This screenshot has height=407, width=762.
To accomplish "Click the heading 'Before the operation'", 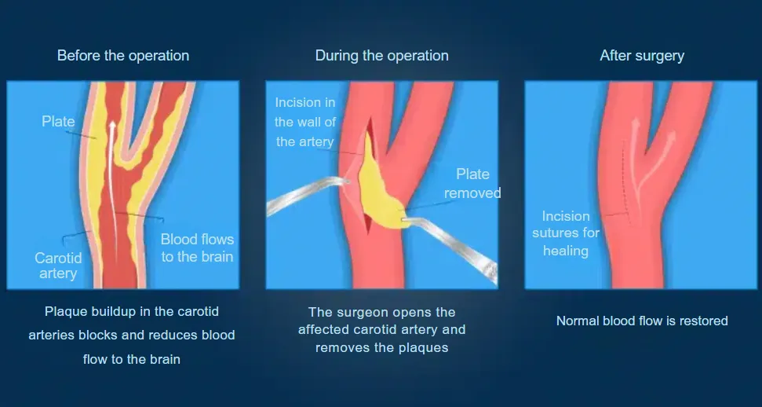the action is click(123, 56).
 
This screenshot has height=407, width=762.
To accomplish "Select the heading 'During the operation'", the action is click(382, 56).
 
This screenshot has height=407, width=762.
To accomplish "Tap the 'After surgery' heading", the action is click(642, 56).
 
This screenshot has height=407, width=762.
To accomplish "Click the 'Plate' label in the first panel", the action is click(58, 121).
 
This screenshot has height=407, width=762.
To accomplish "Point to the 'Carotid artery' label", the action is click(58, 266).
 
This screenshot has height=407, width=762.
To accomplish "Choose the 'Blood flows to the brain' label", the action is click(197, 247).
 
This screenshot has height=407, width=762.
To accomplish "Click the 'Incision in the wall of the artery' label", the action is click(305, 123).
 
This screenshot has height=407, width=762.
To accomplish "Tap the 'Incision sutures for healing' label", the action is click(566, 233).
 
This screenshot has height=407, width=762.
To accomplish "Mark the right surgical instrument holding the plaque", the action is click(450, 248).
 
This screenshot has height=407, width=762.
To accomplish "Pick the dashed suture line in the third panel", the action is click(627, 182).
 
